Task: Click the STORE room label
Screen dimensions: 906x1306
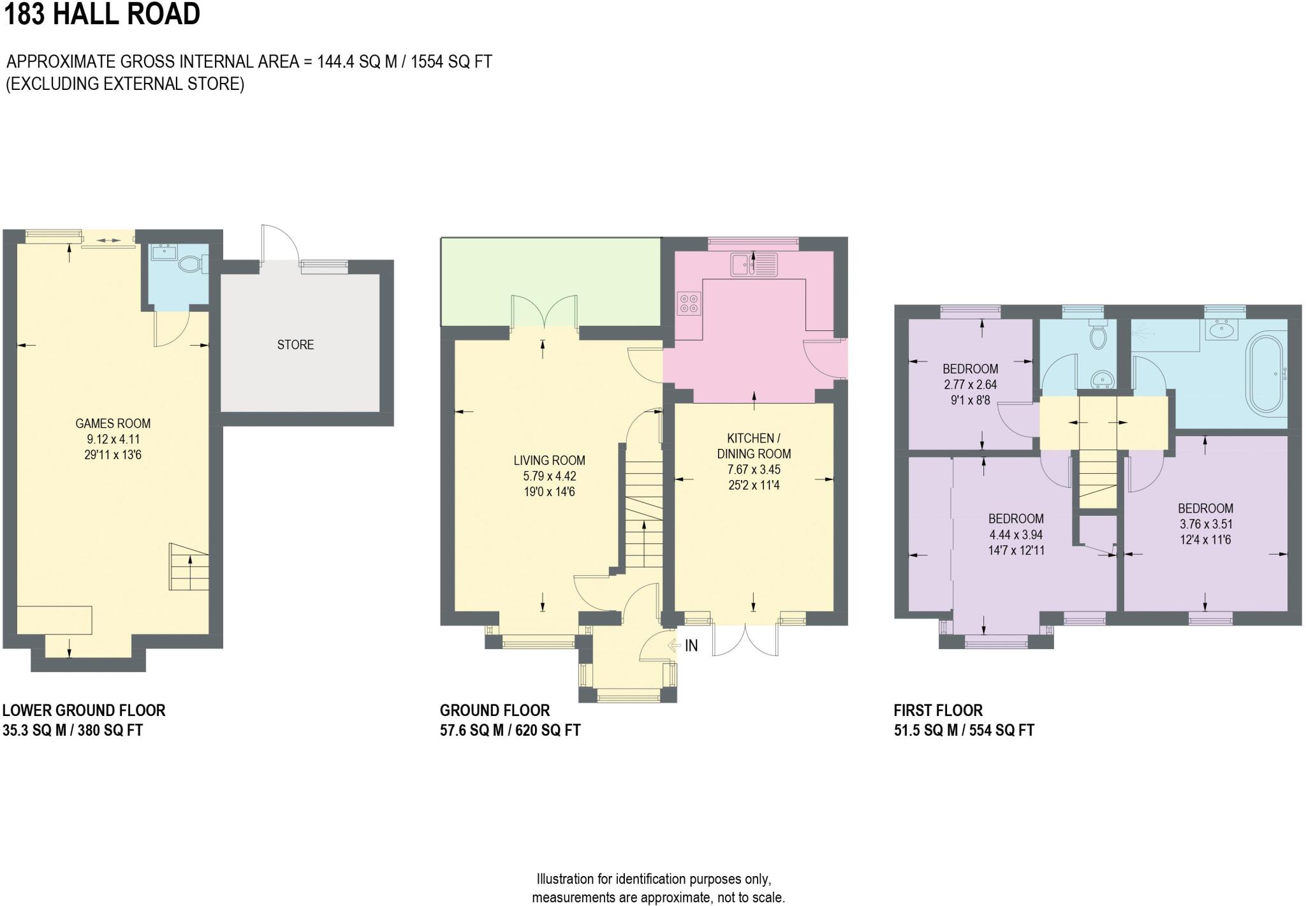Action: [x=295, y=345]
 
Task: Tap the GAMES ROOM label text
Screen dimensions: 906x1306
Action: [x=113, y=423]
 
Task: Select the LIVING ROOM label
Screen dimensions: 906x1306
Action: [x=549, y=460]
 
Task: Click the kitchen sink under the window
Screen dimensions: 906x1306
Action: [x=754, y=264]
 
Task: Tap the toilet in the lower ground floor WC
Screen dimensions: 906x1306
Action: [x=191, y=264]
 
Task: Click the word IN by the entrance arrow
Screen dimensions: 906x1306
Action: [x=691, y=646]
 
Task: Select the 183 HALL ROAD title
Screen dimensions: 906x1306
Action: [x=102, y=14]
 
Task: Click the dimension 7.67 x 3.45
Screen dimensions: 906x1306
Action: [x=754, y=470]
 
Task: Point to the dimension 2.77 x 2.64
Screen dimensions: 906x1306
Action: [x=970, y=385]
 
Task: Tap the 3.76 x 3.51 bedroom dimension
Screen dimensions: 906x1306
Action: [x=1205, y=525]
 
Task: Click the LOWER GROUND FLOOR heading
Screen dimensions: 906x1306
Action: [x=84, y=710]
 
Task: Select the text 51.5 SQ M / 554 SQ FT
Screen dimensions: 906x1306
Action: [x=964, y=731]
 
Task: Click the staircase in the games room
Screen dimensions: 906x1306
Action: [x=189, y=566]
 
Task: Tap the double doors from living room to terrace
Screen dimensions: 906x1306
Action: [x=543, y=313]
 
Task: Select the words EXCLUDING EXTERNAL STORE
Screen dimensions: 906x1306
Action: [x=125, y=84]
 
